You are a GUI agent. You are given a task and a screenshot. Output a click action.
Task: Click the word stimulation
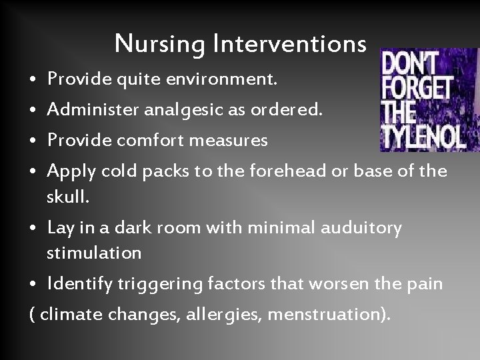[x=94, y=253]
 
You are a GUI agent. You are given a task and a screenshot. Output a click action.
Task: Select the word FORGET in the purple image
[x=417, y=89]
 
